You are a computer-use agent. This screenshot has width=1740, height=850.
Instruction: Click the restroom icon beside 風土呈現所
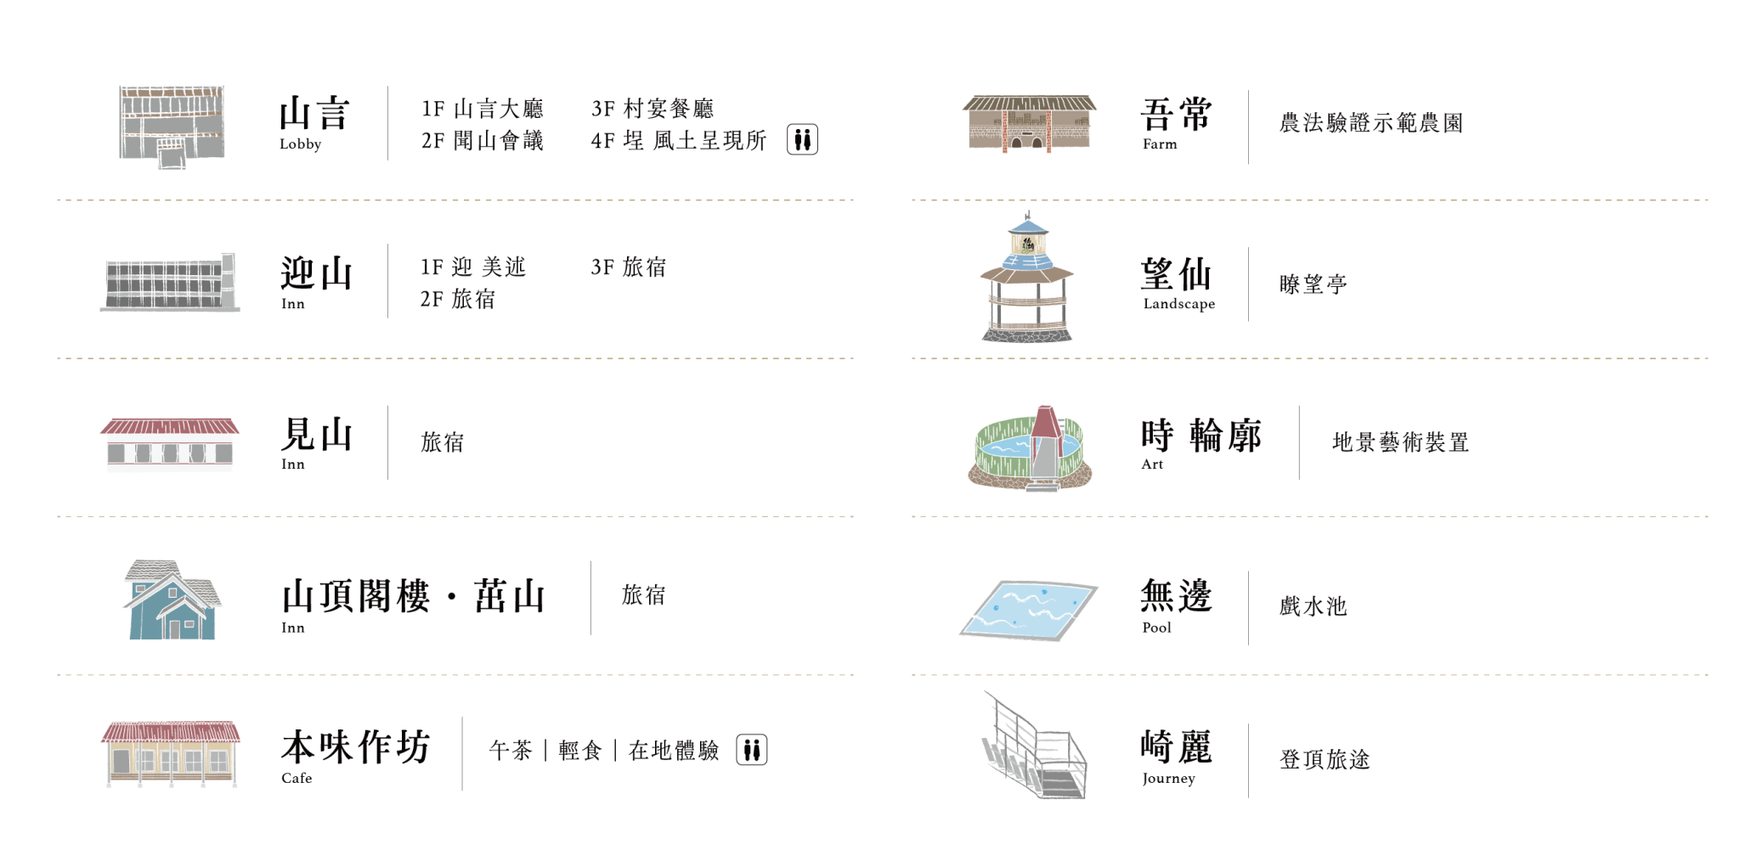[x=802, y=139]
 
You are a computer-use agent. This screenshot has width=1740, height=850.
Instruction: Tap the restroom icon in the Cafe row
[x=751, y=750]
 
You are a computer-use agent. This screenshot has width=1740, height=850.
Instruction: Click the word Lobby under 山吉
[x=301, y=144]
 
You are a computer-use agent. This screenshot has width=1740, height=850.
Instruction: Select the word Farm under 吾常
[x=1160, y=144]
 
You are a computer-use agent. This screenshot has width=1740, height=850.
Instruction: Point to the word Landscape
[x=1179, y=304]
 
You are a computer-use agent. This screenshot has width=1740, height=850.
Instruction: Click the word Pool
[x=1156, y=628]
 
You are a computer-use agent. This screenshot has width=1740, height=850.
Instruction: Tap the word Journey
[x=1168, y=779]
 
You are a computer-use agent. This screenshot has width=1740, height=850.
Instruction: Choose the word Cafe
[x=297, y=778]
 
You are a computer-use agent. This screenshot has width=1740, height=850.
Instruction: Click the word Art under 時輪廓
[x=1152, y=464]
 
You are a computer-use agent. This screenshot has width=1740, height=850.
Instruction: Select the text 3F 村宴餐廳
[x=652, y=109]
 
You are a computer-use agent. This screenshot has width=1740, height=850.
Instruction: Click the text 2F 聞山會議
[x=483, y=140]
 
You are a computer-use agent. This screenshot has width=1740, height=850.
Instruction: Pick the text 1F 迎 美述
[x=473, y=267]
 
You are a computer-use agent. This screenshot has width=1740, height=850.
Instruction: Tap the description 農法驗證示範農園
[x=1371, y=123]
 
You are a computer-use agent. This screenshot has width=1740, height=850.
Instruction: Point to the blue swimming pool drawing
[x=1029, y=611]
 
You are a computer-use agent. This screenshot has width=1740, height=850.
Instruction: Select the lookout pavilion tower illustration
[x=1027, y=278]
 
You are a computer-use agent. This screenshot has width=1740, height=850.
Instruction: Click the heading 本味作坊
[x=356, y=747]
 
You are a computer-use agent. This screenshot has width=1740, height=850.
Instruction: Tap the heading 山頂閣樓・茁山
[x=413, y=596]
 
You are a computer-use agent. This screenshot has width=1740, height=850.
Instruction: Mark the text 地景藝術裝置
[x=1401, y=442]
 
